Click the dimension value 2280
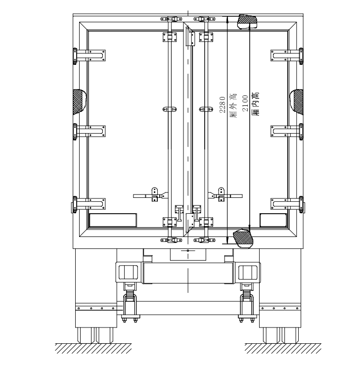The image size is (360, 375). tap(223, 105)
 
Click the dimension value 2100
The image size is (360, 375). tap(245, 103)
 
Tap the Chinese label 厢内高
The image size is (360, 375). tap(256, 104)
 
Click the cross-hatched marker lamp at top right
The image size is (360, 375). tap(247, 22)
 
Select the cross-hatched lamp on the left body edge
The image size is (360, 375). tap(80, 102)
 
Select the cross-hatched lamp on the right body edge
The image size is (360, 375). tap(296, 102)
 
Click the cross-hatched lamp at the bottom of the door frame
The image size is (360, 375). tap(243, 238)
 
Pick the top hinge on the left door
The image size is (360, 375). tap(89, 56)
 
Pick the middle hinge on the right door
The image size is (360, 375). tap(287, 131)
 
